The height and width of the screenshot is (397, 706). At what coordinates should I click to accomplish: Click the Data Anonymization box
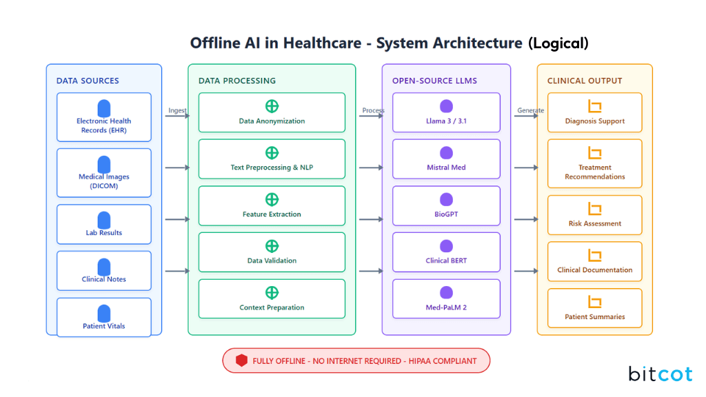tap(272, 112)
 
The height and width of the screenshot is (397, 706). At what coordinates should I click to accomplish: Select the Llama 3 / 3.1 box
tap(446, 112)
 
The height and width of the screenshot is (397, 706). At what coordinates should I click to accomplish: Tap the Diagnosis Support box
tap(594, 112)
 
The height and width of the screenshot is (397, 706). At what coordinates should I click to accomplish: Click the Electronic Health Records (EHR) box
tap(103, 117)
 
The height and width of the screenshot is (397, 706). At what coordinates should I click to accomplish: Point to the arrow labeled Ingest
tap(177, 116)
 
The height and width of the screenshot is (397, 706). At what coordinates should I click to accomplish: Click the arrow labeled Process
tap(371, 116)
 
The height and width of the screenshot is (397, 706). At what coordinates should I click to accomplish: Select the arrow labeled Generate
tap(526, 116)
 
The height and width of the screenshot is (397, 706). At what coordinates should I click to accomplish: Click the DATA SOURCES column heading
tap(88, 81)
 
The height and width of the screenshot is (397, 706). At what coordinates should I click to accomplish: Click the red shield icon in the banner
tap(241, 360)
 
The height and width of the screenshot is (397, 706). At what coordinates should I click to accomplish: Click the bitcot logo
tap(660, 374)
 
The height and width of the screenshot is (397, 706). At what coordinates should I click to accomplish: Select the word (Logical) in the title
tap(558, 43)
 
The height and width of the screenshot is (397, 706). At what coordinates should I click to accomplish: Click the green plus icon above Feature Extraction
tap(272, 200)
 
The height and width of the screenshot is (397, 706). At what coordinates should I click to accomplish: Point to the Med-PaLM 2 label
tap(446, 307)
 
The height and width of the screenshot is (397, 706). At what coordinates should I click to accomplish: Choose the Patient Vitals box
tap(103, 318)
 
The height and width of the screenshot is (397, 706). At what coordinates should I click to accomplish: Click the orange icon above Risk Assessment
tap(594, 209)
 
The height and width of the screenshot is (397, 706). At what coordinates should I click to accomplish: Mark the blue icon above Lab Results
tap(104, 220)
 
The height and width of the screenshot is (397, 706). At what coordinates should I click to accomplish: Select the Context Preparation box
tap(272, 298)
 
